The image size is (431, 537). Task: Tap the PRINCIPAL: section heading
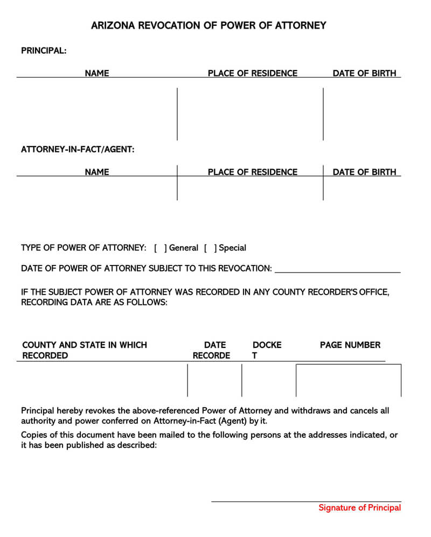44,51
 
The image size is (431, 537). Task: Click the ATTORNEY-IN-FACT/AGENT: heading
78,149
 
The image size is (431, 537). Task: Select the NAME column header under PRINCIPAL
97,73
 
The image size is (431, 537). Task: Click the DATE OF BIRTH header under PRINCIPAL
364,73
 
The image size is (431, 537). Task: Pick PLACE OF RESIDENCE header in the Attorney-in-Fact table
252,172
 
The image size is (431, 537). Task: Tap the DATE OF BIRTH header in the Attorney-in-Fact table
364,172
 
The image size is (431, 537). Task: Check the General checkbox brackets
160,248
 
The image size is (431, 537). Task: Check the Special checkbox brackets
210,248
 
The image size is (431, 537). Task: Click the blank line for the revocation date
337,269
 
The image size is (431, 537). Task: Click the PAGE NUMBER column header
350,345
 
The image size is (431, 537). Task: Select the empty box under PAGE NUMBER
348,380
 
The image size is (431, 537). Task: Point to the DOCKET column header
267,350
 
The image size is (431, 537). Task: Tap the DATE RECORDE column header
212,350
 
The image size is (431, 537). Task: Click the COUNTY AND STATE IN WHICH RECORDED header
84,350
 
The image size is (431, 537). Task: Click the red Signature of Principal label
359,508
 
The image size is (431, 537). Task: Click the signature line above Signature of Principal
305,501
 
